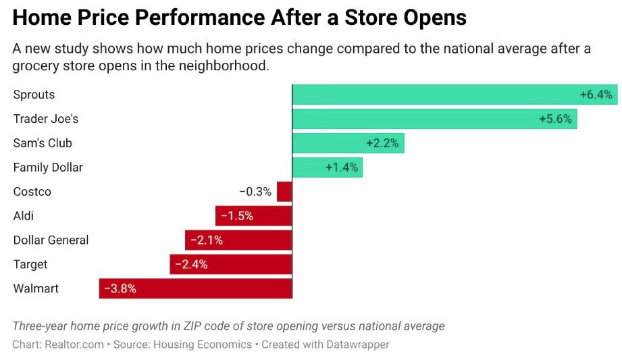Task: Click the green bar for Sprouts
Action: (x=432, y=95)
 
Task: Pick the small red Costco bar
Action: (x=284, y=192)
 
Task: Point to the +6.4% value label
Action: (x=596, y=95)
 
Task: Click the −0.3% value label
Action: (x=255, y=192)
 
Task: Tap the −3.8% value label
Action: (x=120, y=288)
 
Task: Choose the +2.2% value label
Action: (x=382, y=143)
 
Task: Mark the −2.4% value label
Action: (x=191, y=264)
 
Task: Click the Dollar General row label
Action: (x=51, y=240)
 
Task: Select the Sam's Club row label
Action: (x=43, y=143)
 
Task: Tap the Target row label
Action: (x=30, y=265)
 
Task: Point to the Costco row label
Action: (x=32, y=192)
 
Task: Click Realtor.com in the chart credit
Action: (x=74, y=344)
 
